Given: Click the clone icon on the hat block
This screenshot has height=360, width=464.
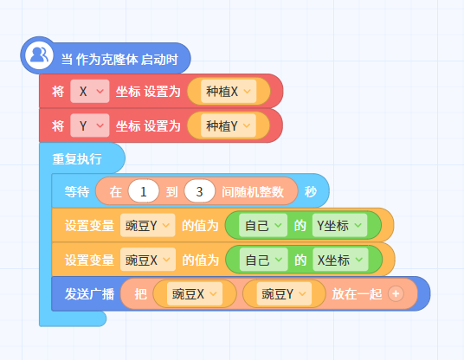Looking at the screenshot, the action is point(39,55).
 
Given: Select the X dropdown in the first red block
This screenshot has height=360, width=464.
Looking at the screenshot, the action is point(90,91).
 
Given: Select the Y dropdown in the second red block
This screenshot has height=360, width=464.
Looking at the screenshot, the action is point(90,125).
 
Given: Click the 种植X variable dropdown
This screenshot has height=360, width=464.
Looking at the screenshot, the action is point(229,91).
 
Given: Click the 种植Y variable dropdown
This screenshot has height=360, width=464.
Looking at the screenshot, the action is point(229,125).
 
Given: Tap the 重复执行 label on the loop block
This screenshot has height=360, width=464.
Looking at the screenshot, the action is point(77,159).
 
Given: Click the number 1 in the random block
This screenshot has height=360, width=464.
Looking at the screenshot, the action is point(144,191).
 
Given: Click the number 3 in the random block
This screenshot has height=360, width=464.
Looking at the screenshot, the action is point(199,191).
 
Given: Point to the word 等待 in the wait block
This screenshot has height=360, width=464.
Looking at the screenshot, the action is point(77,192).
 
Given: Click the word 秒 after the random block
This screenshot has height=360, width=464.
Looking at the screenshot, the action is point(311,192).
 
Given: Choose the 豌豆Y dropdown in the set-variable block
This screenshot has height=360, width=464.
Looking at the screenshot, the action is point(148,225).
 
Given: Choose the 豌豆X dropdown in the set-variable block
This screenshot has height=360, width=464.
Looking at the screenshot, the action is point(148,260).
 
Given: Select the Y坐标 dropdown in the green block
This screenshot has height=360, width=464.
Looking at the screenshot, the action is point(339,225).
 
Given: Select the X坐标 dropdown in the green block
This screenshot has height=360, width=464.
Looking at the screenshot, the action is point(340,260).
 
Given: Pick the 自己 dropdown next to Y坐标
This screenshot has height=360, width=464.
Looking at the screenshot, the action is point(263,225).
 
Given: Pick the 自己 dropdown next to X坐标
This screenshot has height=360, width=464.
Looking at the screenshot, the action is point(264,260).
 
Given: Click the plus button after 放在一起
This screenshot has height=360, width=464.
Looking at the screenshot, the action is point(396,293).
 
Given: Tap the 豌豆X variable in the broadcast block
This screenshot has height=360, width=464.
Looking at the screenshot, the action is point(195,293).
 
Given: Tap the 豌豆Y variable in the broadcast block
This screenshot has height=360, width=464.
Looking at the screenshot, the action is point(284,293).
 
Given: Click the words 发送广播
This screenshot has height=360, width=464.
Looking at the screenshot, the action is point(89,294).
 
